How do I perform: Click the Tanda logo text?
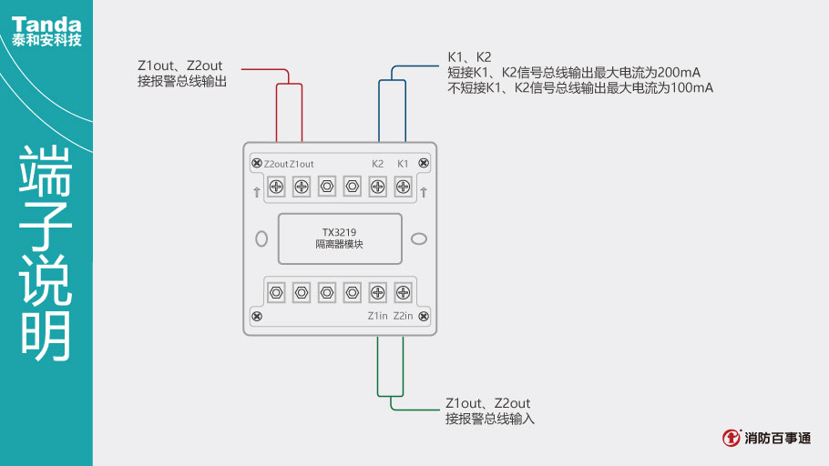[46, 24]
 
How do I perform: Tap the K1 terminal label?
[403, 164]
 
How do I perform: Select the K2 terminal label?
[377, 164]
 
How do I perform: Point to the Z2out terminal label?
[274, 164]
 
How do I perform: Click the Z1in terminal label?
[377, 316]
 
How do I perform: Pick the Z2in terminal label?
[404, 316]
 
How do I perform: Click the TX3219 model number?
[339, 231]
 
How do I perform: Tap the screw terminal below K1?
[403, 187]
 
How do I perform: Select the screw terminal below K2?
[377, 187]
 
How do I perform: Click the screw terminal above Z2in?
[403, 292]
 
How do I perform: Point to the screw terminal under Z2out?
[275, 187]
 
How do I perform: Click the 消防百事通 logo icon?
[732, 438]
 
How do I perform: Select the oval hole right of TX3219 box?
[419, 238]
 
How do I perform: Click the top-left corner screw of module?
[257, 163]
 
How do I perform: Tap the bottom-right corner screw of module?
[424, 316]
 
